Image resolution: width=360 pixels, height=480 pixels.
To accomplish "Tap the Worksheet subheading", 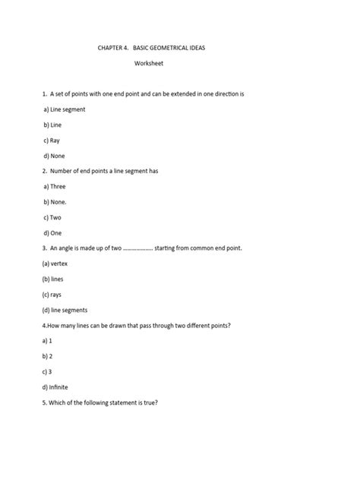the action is pyautogui.click(x=149, y=63).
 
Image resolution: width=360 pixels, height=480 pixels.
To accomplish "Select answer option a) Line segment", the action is pyautogui.click(x=64, y=109).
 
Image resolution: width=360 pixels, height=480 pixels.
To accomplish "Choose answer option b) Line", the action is pyautogui.click(x=52, y=125).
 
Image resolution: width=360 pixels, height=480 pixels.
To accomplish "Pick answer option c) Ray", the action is pyautogui.click(x=52, y=140).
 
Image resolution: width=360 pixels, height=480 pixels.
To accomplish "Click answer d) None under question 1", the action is pyautogui.click(x=54, y=156).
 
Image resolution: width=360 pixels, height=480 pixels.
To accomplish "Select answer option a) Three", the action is pyautogui.click(x=55, y=186).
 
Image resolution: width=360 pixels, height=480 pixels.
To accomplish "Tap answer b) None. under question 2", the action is pyautogui.click(x=55, y=202).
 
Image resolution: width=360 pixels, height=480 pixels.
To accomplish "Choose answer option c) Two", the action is pyautogui.click(x=53, y=217).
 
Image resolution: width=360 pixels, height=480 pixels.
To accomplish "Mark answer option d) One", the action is pyautogui.click(x=53, y=232).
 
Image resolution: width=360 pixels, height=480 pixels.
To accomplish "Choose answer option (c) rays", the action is pyautogui.click(x=52, y=294).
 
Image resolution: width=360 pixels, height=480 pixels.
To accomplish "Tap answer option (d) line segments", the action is pyautogui.click(x=65, y=310).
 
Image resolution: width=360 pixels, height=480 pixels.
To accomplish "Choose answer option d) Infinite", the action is pyautogui.click(x=57, y=387).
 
